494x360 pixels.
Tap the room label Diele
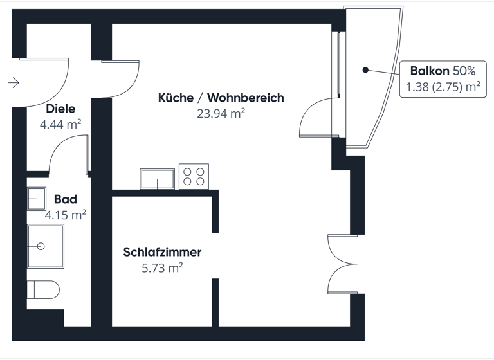pyautogui.click(x=60, y=109)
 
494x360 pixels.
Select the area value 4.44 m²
pyautogui.click(x=60, y=124)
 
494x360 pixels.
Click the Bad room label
pyautogui.click(x=66, y=200)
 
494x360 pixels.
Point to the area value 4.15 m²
pyautogui.click(x=66, y=215)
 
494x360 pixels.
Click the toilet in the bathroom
pyautogui.click(x=42, y=289)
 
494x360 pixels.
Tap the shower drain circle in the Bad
pyautogui.click(x=42, y=246)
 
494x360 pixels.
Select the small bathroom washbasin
pyautogui.click(x=36, y=198)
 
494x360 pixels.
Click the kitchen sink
pyautogui.click(x=158, y=179)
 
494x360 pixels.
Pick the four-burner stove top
pyautogui.click(x=194, y=176)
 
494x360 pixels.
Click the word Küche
pyautogui.click(x=176, y=98)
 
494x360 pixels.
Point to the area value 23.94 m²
pyautogui.click(x=221, y=113)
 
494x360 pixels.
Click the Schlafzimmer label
pyautogui.click(x=162, y=252)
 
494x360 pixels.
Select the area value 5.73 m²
pyautogui.click(x=162, y=267)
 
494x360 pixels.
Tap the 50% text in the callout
pyautogui.click(x=464, y=70)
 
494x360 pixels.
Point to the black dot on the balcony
pyautogui.click(x=365, y=69)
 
